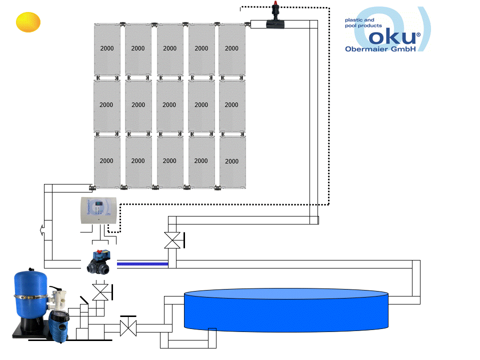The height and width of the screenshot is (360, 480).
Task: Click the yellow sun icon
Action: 27,22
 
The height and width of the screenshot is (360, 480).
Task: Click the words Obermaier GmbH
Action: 380,49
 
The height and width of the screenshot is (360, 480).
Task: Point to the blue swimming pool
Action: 286,310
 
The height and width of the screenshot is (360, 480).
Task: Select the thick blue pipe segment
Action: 142,263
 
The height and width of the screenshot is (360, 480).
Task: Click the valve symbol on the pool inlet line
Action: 128,328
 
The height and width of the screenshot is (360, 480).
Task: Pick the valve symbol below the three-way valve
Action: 101,292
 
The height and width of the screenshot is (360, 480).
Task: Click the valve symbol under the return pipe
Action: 172,240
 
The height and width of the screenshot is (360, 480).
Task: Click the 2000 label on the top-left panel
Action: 106,48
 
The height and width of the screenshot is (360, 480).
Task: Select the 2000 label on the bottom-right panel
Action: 231,161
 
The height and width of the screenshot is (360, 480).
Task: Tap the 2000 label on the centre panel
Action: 169,105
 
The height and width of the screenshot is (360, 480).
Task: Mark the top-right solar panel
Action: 232,50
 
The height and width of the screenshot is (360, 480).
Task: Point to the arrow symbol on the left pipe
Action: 40,229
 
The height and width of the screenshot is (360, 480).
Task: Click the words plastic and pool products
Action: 363,23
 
